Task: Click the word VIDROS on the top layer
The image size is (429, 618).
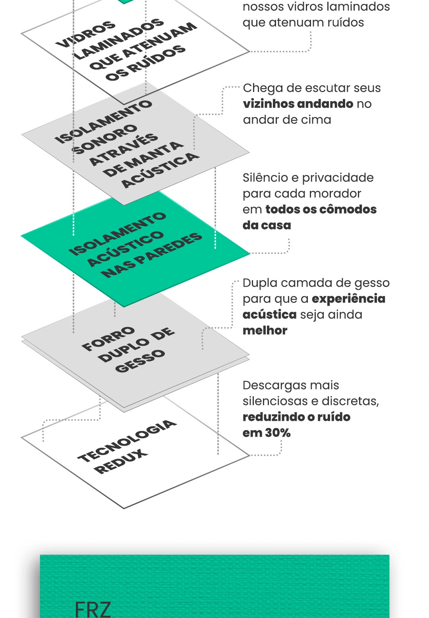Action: (x=85, y=33)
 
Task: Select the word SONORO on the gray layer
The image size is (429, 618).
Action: (x=105, y=139)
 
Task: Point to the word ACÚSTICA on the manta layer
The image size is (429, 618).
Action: (x=160, y=169)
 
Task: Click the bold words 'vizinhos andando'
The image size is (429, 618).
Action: (x=298, y=104)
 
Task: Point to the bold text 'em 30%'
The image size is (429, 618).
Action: (x=267, y=433)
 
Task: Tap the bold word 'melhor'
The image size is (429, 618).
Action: (x=265, y=330)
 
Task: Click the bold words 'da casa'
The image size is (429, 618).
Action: (x=267, y=225)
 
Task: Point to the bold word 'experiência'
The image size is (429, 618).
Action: (x=348, y=299)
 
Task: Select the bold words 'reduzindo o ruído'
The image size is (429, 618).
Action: (x=296, y=417)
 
